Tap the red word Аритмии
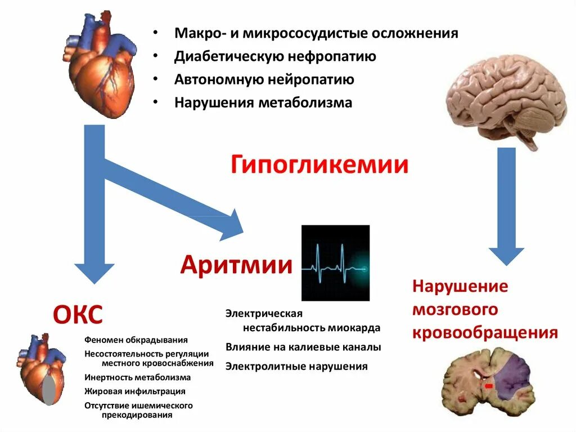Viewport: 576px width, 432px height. point(236,264)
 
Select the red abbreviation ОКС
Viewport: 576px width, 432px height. point(78,315)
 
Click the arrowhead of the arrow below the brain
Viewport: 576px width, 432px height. point(506,254)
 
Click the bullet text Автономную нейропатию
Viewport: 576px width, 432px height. point(264,79)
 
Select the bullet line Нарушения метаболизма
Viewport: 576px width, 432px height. point(263,103)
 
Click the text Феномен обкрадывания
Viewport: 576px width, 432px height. point(136,340)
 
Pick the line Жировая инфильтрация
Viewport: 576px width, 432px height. point(135,391)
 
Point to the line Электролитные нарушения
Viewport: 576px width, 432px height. point(296,367)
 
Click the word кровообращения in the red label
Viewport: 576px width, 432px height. point(485,332)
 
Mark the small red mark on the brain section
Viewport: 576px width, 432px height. point(489,386)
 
